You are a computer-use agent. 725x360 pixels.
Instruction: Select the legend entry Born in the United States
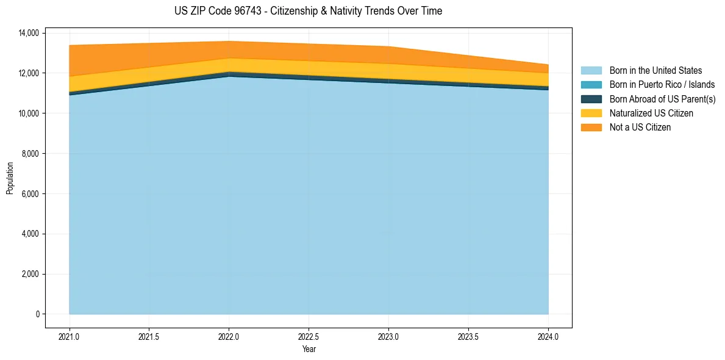655,71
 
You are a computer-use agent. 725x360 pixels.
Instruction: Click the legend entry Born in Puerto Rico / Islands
662,85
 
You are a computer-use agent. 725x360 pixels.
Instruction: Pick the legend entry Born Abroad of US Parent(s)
662,99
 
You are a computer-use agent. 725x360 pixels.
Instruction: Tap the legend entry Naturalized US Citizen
651,113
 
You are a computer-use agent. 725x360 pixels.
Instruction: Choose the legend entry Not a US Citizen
640,127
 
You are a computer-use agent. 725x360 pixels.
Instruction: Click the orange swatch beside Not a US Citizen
591,127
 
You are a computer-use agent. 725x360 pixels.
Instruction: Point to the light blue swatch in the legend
591,71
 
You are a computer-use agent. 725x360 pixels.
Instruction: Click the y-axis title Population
10,178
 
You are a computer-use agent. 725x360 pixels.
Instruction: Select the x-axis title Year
309,349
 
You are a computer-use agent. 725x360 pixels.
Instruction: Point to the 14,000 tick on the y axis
28,33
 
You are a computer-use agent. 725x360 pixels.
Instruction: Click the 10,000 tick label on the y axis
28,113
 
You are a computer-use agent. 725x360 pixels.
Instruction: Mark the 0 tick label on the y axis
37,314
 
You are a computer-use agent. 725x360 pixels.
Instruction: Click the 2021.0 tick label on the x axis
70,336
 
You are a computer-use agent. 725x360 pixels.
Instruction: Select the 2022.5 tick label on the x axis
309,336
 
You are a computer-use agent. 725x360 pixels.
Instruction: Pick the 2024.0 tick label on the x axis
548,336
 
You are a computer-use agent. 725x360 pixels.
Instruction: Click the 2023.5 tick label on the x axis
468,336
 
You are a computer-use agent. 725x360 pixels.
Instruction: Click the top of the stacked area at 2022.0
229,41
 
